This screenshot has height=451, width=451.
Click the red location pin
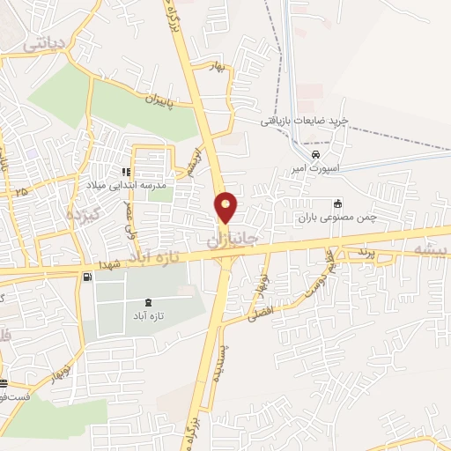227,207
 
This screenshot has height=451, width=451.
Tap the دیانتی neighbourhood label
47,41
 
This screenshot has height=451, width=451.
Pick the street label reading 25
21,190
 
